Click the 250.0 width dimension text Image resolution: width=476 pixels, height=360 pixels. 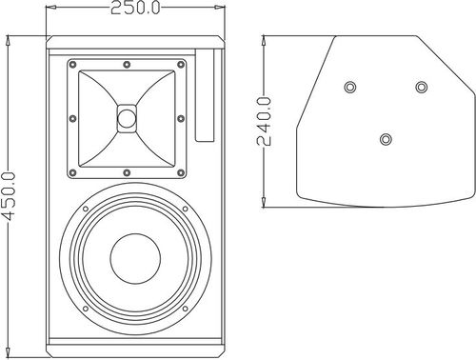click(135, 8)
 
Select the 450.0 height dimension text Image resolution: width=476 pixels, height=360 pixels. click(8, 196)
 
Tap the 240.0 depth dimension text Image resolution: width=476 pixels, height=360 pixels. click(264, 122)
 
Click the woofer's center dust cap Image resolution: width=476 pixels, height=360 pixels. click(135, 259)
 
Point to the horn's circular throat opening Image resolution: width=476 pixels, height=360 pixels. click(127, 118)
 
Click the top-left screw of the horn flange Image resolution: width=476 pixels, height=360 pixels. click(72, 65)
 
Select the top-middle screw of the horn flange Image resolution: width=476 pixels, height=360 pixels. click(127, 65)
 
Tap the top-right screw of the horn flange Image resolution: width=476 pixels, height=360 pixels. click(181, 65)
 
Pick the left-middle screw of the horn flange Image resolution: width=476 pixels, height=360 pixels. click(72, 119)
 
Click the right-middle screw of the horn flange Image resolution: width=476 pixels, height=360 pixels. click(181, 119)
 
